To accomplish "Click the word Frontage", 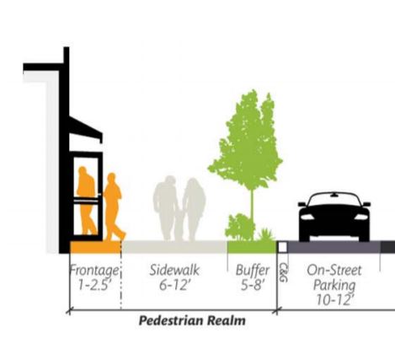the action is pos(94,271).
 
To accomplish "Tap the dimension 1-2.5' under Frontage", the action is pos(93,285).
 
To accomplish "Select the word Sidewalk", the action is pos(174,270).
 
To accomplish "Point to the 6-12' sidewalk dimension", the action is pos(173,285).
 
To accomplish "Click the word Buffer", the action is pos(253,271).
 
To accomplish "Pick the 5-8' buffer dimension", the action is pos(253,285).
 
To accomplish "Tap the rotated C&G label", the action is pos(284,272).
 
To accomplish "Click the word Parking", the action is pos(334,285).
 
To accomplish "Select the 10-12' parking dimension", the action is pos(334,300).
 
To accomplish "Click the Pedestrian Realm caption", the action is pos(192,320).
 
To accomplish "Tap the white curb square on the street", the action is pos(282,247).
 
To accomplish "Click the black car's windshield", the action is pos(334,200).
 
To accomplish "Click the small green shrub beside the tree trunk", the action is pos(238,227).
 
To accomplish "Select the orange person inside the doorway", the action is pos(87,201).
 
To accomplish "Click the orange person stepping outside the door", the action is pos(113,207).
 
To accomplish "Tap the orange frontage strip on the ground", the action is pos(95,247).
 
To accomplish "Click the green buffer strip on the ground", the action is pos(252,247).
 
